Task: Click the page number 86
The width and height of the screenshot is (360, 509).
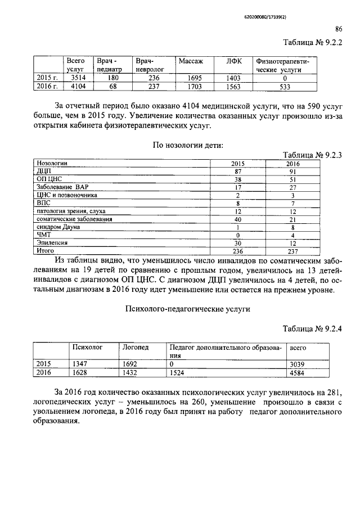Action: pos(339,29)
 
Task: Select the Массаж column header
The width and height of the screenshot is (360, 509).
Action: pos(190,60)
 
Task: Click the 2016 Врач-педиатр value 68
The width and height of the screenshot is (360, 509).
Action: pos(113,87)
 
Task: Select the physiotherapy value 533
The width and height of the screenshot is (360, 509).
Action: pos(285,87)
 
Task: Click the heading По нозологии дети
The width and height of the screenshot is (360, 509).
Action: pos(188,145)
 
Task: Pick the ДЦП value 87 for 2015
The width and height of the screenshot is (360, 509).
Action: pos(238,170)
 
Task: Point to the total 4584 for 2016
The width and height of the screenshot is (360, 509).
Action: pos(296,372)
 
